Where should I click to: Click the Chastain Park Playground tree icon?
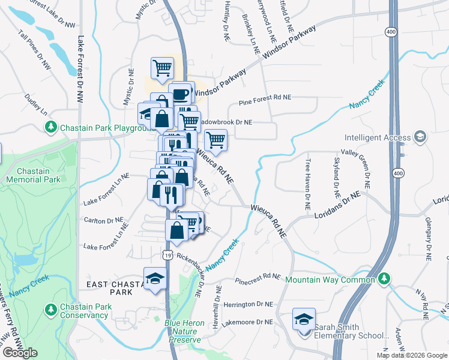(x=50, y=127)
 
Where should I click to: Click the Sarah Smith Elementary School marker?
(x=304, y=319)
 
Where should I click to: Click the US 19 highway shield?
(x=167, y=256)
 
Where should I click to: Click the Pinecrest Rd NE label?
(x=258, y=278)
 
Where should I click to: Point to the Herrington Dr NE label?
(x=248, y=305)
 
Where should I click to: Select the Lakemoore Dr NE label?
(x=247, y=322)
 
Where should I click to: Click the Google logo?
(x=20, y=353)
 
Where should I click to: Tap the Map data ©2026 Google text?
(x=412, y=355)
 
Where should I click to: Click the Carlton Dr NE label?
(x=106, y=221)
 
